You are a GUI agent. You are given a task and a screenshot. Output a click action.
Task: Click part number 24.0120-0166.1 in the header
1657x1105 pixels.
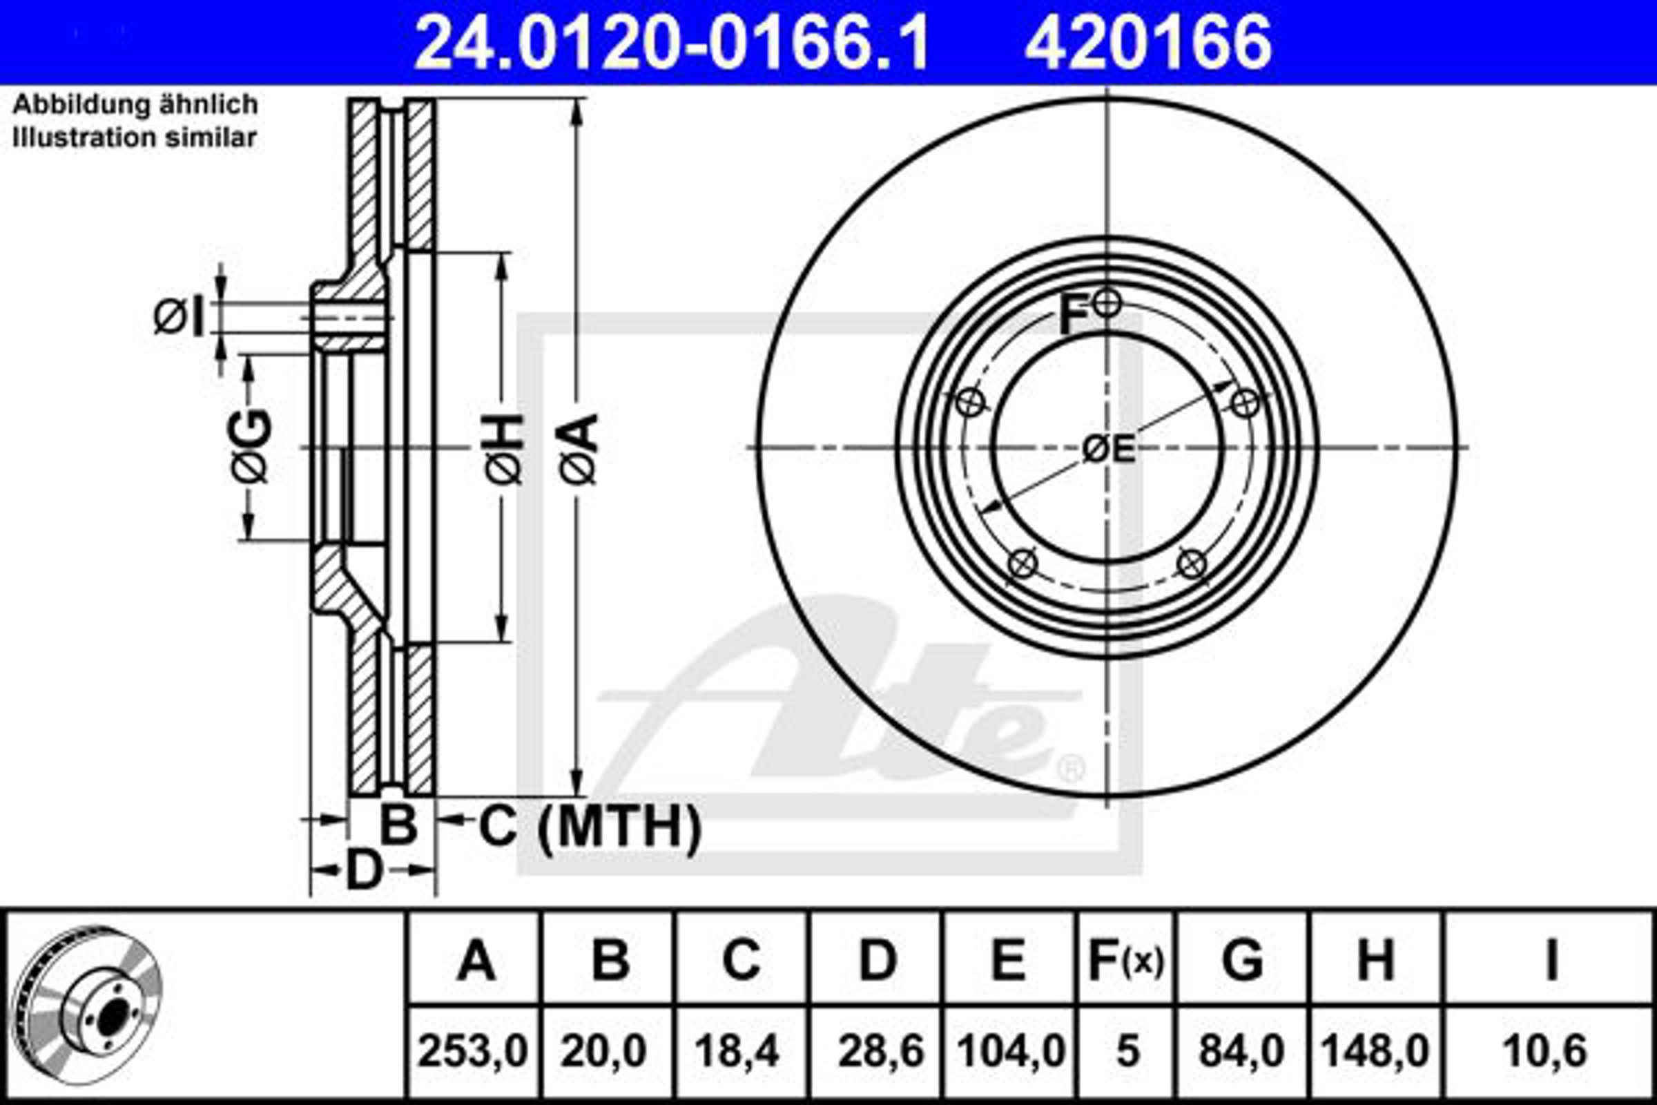[x=672, y=44]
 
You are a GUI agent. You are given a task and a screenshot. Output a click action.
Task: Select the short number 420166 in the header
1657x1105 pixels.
[x=1147, y=44]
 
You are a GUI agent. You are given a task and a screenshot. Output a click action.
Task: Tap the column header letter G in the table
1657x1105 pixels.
[x=1243, y=960]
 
